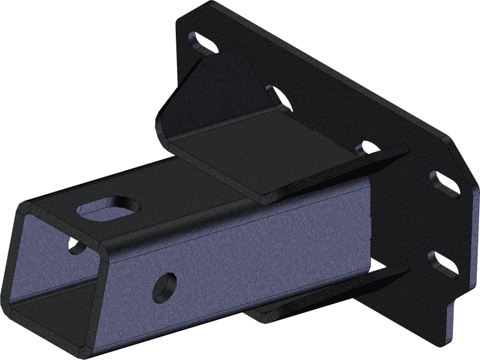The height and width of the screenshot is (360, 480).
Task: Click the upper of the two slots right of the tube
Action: pos(443,182)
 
